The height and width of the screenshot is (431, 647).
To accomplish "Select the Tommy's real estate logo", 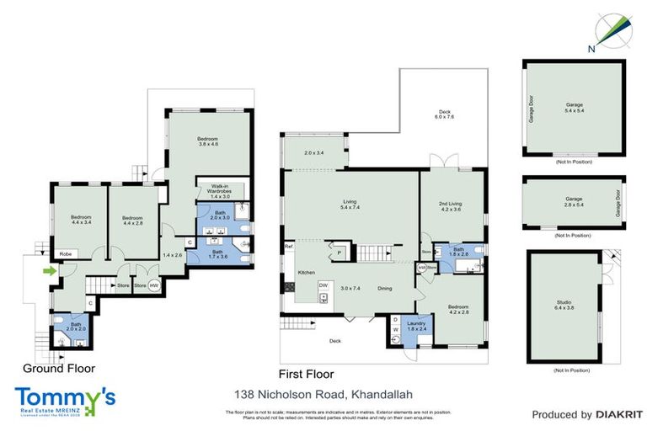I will pos(65,399).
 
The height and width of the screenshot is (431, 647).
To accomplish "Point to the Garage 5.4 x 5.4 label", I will pos(573,108).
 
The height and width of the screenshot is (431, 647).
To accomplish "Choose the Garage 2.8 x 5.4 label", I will pos(573,203).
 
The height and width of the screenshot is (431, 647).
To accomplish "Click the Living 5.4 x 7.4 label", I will pos(350,205).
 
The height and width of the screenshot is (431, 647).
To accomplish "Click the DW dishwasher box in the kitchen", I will pos(323,285).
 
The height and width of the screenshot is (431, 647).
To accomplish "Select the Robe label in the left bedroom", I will pos(63,253).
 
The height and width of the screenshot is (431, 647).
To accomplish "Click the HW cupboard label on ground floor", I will pos(152,285).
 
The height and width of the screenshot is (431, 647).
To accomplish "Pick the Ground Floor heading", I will pos(59,368).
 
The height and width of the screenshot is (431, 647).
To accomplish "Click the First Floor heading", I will pos(306,374).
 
